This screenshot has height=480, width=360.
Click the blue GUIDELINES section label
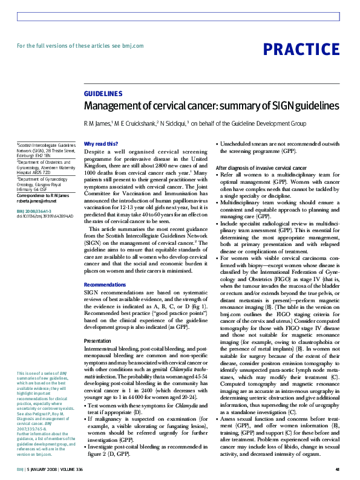[103, 94]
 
